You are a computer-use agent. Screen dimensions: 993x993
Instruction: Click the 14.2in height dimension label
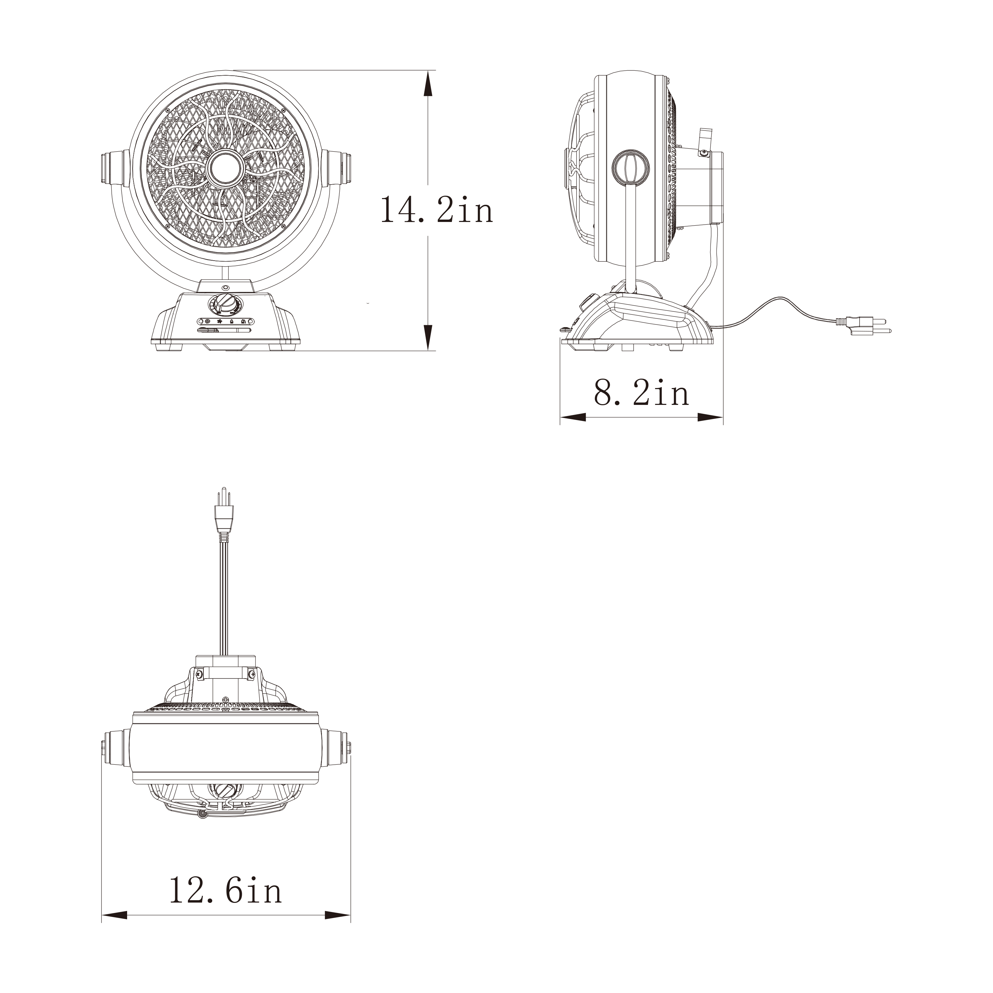point(437,210)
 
